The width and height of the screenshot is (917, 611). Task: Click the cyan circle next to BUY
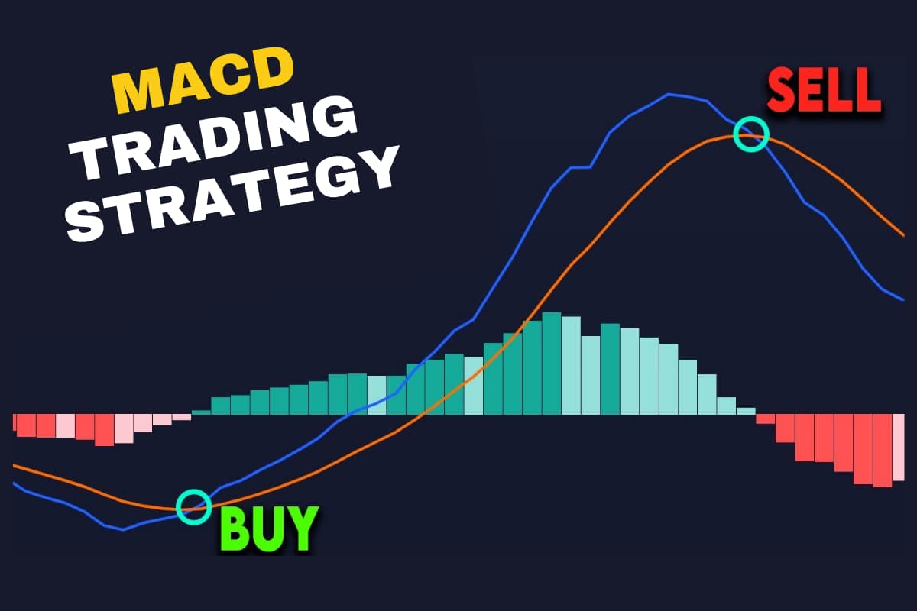pyautogui.click(x=194, y=506)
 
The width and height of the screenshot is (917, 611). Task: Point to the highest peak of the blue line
pyautogui.click(x=669, y=94)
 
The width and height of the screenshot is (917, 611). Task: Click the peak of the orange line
pyautogui.click(x=745, y=136)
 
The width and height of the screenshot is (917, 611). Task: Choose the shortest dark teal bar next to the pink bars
pyautogui.click(x=201, y=412)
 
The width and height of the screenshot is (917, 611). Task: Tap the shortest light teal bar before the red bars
pyautogui.click(x=746, y=411)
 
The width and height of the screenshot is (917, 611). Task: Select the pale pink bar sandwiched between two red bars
pyautogui.click(x=66, y=426)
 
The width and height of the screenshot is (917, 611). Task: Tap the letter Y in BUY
pyautogui.click(x=302, y=528)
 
